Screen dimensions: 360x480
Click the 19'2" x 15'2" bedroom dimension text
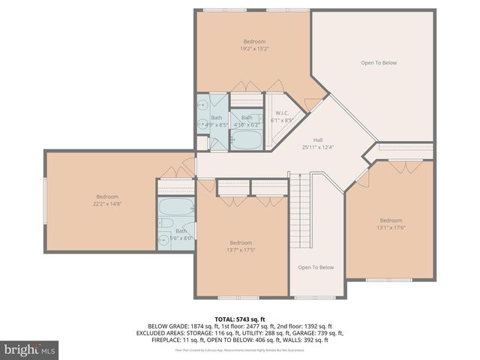pos(253,49)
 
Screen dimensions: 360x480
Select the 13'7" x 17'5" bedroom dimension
pos(241,250)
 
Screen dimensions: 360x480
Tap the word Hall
pos(317,139)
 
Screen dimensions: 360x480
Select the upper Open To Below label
pos(378,63)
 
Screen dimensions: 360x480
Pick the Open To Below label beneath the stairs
pos(316,268)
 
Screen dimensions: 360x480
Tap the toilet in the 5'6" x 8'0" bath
pos(166,223)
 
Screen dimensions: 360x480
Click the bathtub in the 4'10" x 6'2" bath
pos(244,139)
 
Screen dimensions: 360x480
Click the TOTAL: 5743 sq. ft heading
pos(239,319)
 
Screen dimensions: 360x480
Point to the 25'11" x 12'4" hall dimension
pos(317,147)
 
